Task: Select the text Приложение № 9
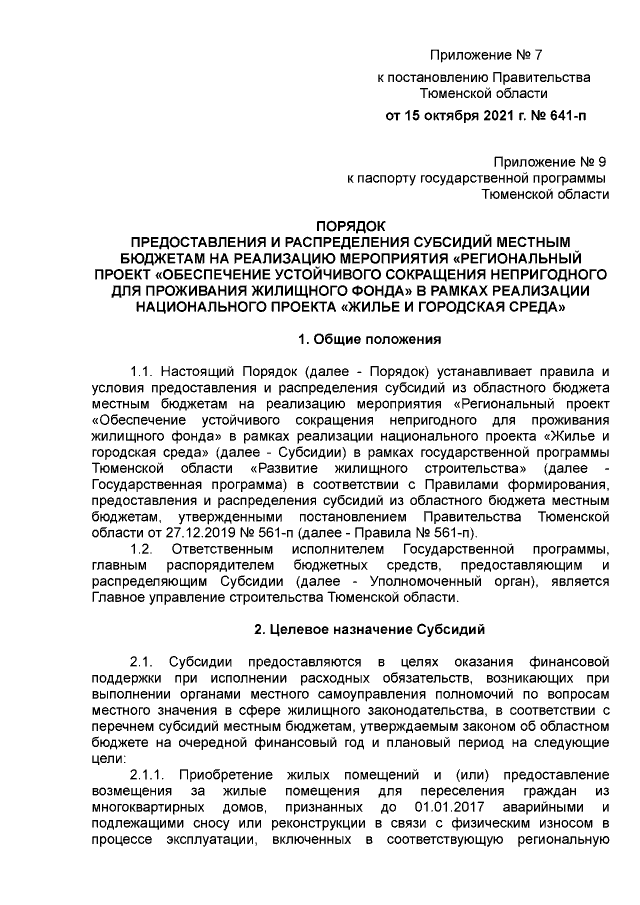553,161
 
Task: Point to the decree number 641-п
564,116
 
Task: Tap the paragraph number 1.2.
145,549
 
